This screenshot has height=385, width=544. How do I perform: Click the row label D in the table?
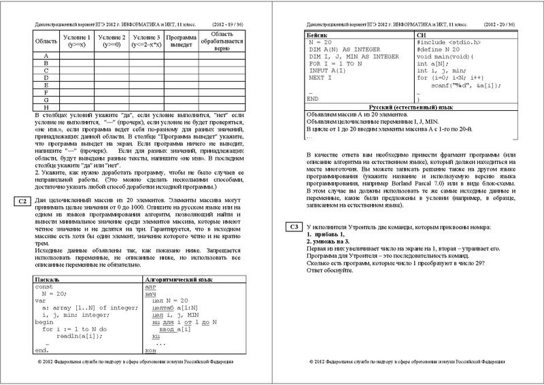[45, 78]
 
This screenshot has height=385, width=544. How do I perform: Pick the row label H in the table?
[45, 107]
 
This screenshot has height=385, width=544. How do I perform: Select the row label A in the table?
[45, 55]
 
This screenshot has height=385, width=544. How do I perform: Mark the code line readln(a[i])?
[74, 335]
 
